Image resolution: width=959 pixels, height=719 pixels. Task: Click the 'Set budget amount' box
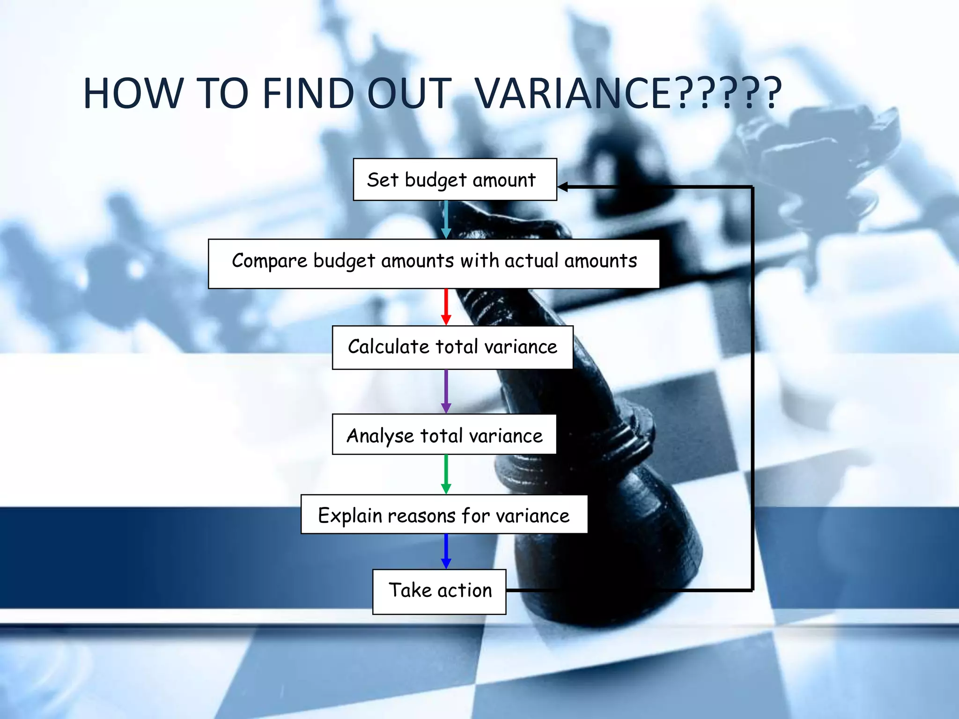pyautogui.click(x=455, y=180)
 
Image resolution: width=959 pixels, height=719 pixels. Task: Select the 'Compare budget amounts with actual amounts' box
pyautogui.click(x=434, y=264)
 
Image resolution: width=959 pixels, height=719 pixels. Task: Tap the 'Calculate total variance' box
pyautogui.click(x=452, y=347)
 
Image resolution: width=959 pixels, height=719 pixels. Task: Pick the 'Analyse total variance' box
pyautogui.click(x=444, y=434)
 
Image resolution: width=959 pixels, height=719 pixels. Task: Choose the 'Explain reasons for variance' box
pyautogui.click(x=444, y=514)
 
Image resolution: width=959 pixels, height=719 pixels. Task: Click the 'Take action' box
pyautogui.click(x=439, y=591)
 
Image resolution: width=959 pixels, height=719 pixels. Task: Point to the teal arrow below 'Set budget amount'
pyautogui.click(x=446, y=220)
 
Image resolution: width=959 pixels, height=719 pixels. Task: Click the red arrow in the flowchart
pyautogui.click(x=446, y=307)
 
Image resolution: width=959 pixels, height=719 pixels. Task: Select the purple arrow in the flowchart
pyautogui.click(x=446, y=391)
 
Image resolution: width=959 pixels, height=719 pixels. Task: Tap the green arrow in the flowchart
pyautogui.click(x=446, y=474)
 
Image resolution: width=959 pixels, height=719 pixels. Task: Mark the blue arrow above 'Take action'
pyautogui.click(x=446, y=551)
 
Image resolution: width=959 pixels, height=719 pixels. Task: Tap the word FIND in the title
pyautogui.click(x=308, y=93)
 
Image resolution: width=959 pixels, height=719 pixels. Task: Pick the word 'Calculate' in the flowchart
pyautogui.click(x=388, y=347)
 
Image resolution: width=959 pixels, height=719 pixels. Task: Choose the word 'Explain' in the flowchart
pyautogui.click(x=350, y=515)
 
